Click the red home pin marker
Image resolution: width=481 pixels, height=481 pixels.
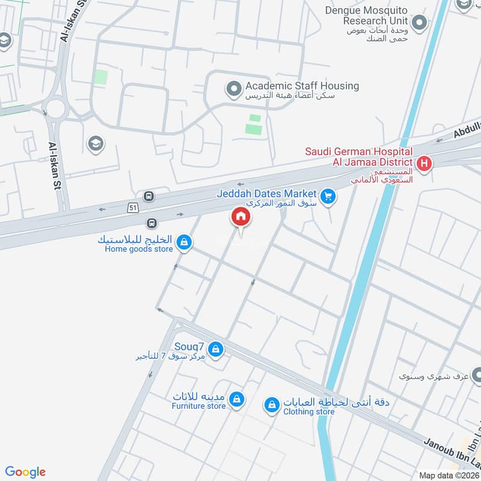(x=240, y=216)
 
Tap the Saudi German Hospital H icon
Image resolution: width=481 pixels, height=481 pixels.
(x=424, y=163)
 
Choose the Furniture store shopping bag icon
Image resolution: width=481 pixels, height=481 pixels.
(x=237, y=399)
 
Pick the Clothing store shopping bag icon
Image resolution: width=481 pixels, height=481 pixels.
(x=272, y=406)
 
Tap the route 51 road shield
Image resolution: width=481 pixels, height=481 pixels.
(x=132, y=207)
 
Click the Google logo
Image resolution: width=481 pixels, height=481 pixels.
(x=25, y=472)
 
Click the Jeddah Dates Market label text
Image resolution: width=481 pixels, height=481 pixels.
(x=266, y=194)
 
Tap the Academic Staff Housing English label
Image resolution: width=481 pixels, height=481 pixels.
(x=302, y=86)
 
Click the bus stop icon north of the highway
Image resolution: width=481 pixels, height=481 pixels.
(x=148, y=196)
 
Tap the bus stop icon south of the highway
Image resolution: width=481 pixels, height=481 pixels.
(x=153, y=223)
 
